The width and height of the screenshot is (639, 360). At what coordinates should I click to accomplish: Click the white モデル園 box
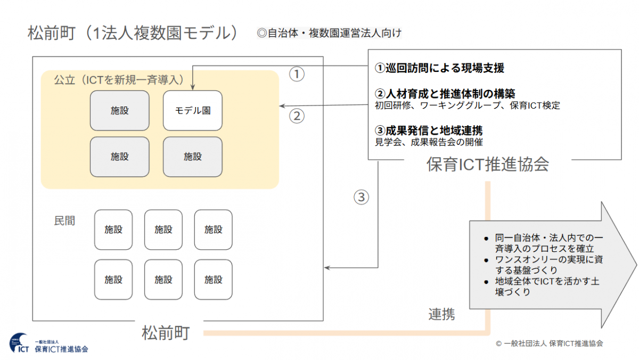tap(192, 111)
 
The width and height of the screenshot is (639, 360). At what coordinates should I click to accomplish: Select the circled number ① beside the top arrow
tap(297, 74)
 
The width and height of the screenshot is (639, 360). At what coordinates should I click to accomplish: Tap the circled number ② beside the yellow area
tap(297, 116)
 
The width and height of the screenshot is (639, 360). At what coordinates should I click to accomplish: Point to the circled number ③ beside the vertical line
tap(361, 197)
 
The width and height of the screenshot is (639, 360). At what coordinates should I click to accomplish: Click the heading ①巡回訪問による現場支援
tap(439, 68)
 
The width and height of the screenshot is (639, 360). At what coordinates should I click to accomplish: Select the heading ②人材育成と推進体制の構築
tap(445, 94)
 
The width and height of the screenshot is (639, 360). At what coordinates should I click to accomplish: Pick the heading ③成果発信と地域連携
tap(429, 130)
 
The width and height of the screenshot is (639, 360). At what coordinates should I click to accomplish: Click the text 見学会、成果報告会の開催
tap(429, 142)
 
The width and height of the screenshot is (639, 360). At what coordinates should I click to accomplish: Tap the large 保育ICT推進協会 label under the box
tap(487, 165)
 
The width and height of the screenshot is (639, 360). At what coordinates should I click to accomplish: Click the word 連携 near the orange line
tap(441, 314)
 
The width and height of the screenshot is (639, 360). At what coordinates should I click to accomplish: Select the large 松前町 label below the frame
tap(165, 333)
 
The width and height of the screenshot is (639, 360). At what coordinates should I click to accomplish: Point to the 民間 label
tap(64, 220)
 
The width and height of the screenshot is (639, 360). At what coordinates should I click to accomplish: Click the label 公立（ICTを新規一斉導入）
tap(119, 80)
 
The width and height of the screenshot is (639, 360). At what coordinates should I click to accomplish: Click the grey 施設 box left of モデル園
tap(120, 111)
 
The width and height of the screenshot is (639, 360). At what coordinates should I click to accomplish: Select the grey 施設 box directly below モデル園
tap(192, 157)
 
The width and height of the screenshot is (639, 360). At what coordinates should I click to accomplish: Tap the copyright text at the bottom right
tap(549, 343)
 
